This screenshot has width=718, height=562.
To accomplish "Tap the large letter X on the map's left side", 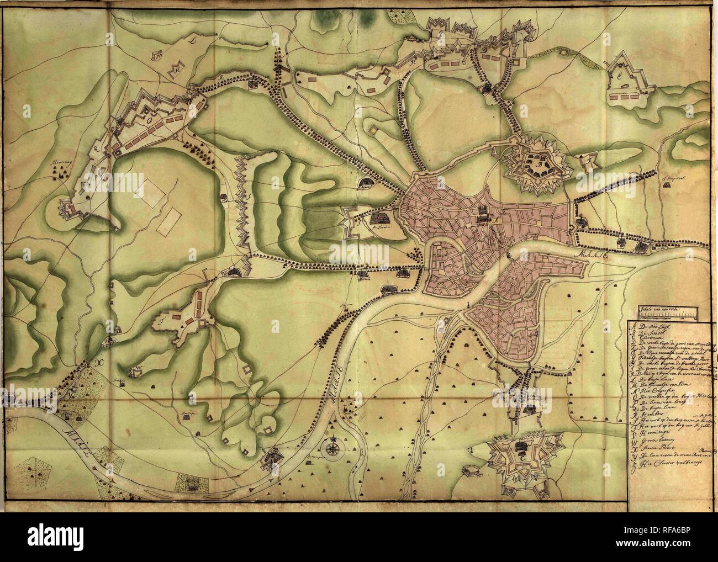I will [85, 363].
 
